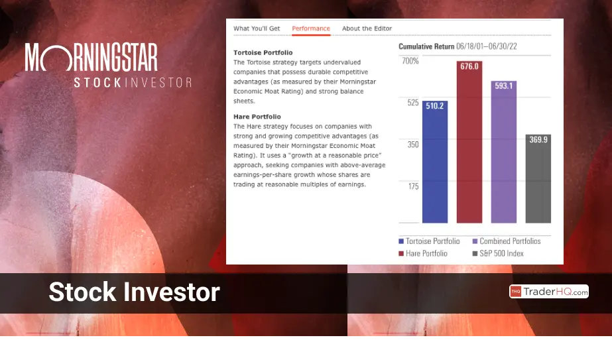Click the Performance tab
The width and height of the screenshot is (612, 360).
(x=311, y=29)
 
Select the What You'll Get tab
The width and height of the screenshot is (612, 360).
(x=257, y=29)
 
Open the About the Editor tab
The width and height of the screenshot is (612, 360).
(x=367, y=29)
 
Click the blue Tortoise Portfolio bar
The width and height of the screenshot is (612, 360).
(x=435, y=162)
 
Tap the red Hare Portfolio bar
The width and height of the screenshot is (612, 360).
(x=469, y=142)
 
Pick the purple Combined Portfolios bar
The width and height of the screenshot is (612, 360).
(x=503, y=152)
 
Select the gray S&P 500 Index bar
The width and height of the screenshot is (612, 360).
(x=538, y=178)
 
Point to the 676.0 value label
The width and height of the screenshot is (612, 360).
(x=469, y=66)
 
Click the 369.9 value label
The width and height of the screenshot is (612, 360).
(x=538, y=140)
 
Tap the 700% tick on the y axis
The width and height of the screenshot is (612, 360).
(x=410, y=61)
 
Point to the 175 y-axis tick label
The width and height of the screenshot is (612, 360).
(x=413, y=186)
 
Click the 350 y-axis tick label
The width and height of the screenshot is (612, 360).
(x=413, y=145)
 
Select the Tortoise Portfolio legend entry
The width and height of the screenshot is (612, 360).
(x=430, y=241)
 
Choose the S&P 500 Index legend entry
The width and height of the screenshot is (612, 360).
(x=498, y=253)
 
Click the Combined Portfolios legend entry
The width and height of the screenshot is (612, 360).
(x=507, y=241)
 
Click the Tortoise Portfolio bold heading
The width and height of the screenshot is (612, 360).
(x=263, y=53)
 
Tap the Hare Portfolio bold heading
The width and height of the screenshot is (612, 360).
(x=257, y=117)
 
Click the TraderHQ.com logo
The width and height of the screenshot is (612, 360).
(x=549, y=292)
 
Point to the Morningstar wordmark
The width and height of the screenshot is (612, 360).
(x=92, y=57)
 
